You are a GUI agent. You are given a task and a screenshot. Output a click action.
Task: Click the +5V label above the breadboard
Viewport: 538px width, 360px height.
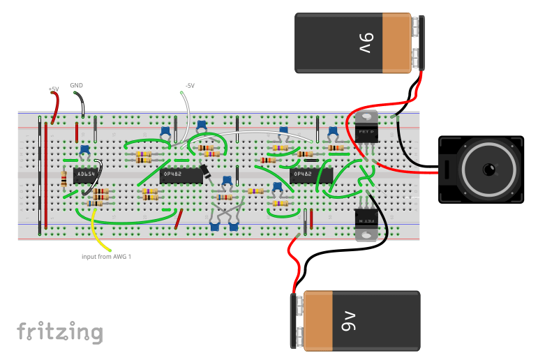coord(53,89)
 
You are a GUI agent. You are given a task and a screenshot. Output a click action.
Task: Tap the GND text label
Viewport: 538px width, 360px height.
coord(77,85)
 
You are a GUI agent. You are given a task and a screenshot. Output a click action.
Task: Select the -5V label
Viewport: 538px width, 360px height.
coord(190,85)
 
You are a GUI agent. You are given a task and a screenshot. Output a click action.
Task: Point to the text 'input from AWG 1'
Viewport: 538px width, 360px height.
coord(106,257)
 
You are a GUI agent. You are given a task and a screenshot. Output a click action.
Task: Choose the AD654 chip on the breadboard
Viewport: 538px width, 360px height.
coord(84,174)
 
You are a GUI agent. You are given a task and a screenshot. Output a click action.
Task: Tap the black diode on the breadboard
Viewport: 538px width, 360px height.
coord(207,172)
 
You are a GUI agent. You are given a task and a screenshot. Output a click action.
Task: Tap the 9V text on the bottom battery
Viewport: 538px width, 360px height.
coord(349,321)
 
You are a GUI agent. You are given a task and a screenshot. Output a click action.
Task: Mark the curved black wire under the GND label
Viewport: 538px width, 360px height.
coord(82,105)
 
